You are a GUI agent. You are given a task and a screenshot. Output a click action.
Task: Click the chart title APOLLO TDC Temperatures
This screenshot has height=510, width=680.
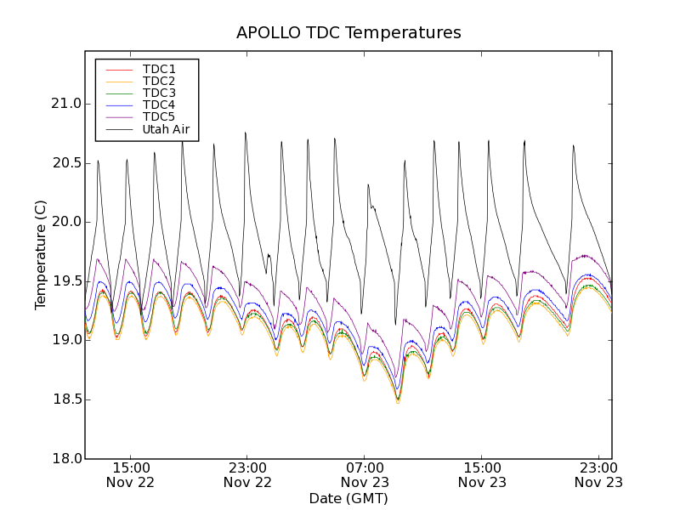[348, 33]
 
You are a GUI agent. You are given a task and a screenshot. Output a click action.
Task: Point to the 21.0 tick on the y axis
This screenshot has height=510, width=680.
[65, 104]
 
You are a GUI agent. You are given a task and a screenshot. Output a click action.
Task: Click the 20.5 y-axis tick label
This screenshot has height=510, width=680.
[65, 163]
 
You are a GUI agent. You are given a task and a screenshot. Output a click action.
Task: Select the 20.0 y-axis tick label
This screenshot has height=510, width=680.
[65, 222]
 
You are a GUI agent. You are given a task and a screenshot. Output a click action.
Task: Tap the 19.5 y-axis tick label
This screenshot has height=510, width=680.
[65, 281]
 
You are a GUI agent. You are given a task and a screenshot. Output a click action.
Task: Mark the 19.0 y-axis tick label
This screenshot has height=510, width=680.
[65, 340]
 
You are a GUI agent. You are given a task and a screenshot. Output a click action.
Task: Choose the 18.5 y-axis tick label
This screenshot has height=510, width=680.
[65, 399]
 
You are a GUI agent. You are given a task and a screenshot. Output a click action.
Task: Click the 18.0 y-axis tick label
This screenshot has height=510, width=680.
[65, 458]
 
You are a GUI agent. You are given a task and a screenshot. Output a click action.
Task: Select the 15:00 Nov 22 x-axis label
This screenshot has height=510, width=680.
[131, 474]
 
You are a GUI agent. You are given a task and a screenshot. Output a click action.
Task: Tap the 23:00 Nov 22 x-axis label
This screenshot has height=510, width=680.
[248, 474]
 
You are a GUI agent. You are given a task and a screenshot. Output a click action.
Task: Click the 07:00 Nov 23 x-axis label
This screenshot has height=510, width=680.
[365, 474]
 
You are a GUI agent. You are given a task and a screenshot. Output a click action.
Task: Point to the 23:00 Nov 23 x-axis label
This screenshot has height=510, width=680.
[599, 474]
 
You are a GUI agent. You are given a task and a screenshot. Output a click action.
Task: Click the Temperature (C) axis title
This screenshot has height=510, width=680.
[41, 255]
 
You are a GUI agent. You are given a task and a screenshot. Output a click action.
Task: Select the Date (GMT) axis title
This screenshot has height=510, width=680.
[348, 498]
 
